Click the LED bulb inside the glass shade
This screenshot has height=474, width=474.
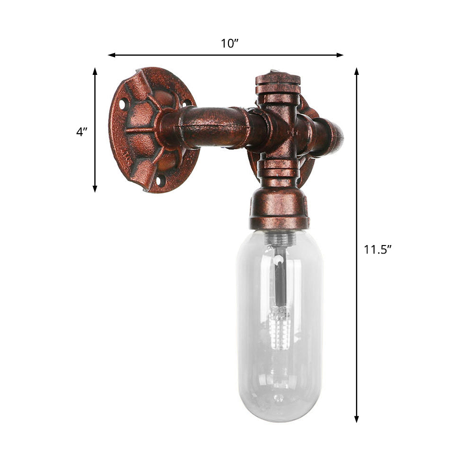tap(280, 327)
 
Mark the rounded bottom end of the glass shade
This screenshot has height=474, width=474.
tap(280, 412)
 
